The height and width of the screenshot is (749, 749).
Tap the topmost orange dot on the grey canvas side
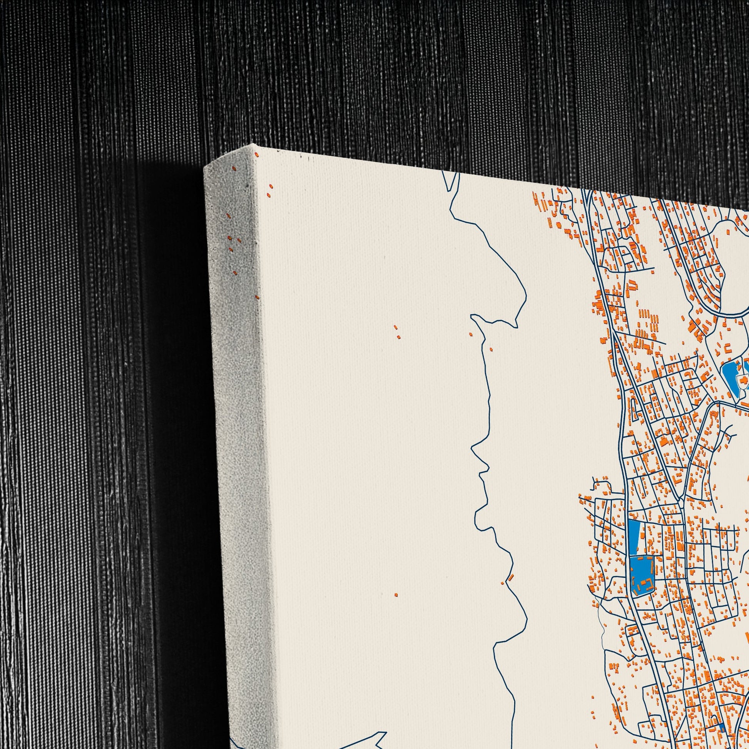[233, 168]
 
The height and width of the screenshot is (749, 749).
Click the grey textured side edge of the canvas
[232, 388]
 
